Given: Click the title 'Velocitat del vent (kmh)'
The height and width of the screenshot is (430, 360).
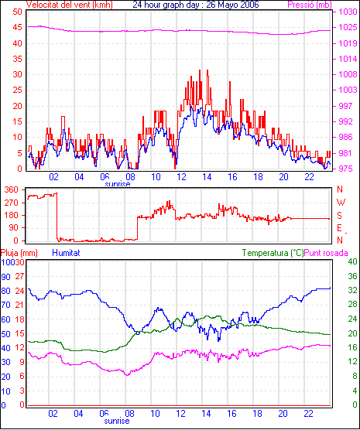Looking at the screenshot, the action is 70,5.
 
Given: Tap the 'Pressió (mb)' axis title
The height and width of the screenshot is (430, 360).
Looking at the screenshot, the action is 310,5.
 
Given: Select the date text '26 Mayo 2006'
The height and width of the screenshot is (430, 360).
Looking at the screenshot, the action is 232,5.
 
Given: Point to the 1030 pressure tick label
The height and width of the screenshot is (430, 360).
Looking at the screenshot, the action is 348,12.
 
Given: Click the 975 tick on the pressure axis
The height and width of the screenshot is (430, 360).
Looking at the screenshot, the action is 346,169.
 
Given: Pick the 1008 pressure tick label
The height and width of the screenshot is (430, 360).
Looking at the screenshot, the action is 348,74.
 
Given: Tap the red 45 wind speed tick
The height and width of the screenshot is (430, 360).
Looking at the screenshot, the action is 17,27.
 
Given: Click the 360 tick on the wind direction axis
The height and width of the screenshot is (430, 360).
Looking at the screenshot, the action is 12,189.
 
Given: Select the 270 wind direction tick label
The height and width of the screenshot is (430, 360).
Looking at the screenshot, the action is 12,203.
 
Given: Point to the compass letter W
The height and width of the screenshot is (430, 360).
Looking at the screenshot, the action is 341,203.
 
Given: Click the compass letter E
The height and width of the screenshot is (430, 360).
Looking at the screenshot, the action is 340,228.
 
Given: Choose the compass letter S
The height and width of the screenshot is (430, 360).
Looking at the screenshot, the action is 340,216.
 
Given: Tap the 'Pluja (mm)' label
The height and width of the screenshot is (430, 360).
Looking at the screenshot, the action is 19,253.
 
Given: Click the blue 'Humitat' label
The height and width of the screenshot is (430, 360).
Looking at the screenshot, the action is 66,253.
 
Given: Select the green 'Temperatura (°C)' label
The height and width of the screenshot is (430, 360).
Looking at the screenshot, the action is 273,253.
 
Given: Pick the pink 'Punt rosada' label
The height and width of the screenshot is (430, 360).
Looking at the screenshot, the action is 326,253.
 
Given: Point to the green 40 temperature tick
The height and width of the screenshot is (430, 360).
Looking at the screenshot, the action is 352,261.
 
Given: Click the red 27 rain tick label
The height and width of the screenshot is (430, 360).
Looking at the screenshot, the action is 20,276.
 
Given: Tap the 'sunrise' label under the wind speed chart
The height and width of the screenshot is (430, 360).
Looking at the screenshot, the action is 118,184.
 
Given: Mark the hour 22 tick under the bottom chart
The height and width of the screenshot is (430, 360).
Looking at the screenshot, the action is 309,413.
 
